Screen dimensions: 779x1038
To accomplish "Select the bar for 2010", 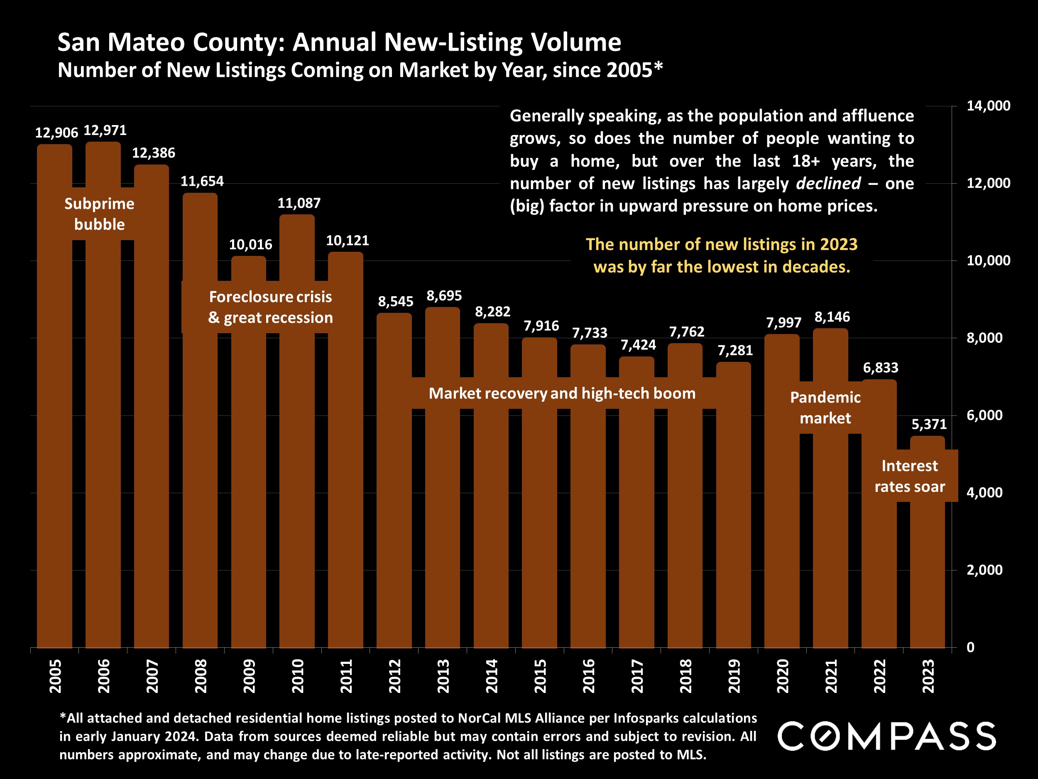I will (x=297, y=469).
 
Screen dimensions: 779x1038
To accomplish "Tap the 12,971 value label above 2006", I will (x=105, y=130).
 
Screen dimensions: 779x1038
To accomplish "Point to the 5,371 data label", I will (x=929, y=425).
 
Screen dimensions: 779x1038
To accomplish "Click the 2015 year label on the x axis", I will (x=540, y=676).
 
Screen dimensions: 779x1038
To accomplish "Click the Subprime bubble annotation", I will (x=100, y=214).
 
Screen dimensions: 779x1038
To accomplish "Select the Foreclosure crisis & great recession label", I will (x=270, y=307).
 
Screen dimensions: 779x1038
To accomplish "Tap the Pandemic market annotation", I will (x=825, y=408).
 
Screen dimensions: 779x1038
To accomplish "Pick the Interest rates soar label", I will (x=909, y=476).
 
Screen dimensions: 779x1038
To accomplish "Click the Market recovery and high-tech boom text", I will (x=562, y=393).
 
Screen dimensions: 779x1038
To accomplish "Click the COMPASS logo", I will (x=886, y=736).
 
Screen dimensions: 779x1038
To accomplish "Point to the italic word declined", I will (x=828, y=184).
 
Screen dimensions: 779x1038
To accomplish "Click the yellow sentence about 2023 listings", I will (x=721, y=256).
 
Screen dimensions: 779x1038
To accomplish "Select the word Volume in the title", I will (x=576, y=42).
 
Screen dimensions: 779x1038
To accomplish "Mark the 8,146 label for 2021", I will (x=832, y=317).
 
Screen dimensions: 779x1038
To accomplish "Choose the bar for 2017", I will (x=637, y=516).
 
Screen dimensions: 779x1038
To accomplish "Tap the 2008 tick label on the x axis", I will (x=201, y=676).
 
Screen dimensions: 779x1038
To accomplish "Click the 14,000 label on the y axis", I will (x=988, y=106).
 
